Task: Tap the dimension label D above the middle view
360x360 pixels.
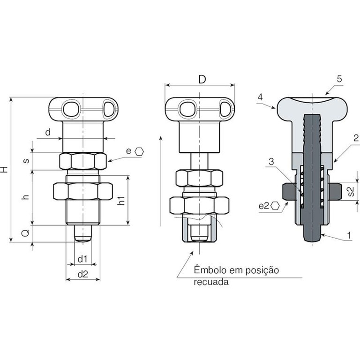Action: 202,79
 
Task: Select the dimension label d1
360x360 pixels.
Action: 82,259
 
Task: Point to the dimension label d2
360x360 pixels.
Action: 83,274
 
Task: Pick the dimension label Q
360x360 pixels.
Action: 25,233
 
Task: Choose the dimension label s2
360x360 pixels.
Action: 351,192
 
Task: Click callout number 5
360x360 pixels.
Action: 339,79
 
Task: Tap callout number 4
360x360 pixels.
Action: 260,97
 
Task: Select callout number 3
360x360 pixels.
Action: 271,162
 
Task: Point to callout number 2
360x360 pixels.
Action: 356,138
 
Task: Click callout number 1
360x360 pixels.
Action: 349,235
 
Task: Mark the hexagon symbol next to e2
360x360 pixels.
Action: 275,206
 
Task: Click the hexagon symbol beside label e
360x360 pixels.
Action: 139,151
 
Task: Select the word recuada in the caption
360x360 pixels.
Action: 211,282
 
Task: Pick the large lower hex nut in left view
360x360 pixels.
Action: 83,191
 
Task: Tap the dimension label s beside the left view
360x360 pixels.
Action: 26,161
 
